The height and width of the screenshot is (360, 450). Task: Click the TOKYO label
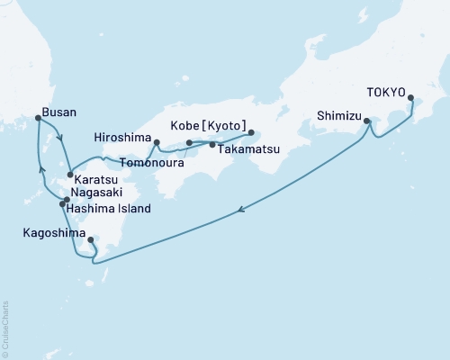[x=387, y=92]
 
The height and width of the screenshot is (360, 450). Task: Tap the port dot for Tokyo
[x=411, y=98]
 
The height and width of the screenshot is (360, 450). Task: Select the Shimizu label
[x=339, y=114]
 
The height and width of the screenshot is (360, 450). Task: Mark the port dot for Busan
[x=37, y=118]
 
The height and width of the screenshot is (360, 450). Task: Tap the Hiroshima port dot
[x=157, y=142]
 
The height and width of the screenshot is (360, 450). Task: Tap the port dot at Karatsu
[x=70, y=175]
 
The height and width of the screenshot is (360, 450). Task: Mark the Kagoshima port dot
[x=91, y=240]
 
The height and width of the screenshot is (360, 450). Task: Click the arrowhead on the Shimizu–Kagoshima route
[x=241, y=211]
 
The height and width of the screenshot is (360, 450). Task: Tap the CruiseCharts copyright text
[x=6, y=328]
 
